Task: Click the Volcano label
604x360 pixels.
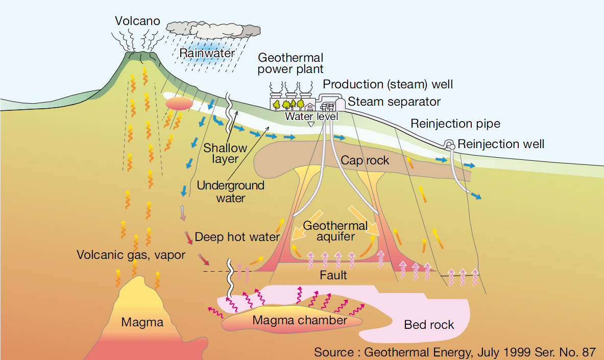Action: pos(137,21)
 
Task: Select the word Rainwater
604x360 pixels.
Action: pos(207,53)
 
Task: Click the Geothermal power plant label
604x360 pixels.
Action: pos(291,63)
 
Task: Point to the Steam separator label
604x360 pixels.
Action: pos(394,102)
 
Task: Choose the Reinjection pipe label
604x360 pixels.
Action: pos(455,124)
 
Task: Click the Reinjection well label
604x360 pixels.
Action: pos(501,144)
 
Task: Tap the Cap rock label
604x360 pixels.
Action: pos(365,160)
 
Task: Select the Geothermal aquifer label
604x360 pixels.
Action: pos(335,231)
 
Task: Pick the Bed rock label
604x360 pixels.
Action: pos(429,325)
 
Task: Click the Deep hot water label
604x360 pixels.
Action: pos(237,237)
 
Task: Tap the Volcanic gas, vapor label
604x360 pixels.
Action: pos(131,254)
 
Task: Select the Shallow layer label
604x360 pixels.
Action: pos(225,153)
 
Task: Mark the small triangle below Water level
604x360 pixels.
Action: pos(310,124)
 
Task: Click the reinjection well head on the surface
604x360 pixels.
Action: pos(450,145)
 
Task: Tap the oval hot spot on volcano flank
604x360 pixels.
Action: pos(179,104)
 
